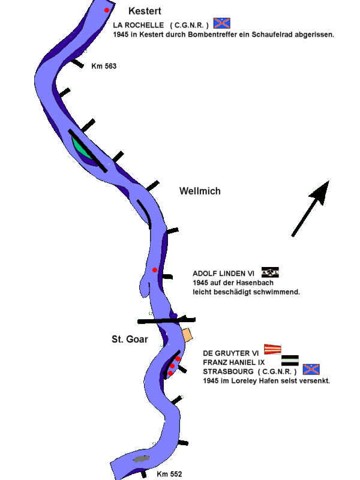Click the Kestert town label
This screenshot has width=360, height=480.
pyautogui.click(x=145, y=11)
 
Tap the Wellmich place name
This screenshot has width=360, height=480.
pyautogui.click(x=200, y=191)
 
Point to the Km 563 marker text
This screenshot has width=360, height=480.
pyautogui.click(x=104, y=66)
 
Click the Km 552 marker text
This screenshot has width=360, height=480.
pyautogui.click(x=169, y=474)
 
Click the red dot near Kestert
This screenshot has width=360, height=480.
pyautogui.click(x=107, y=10)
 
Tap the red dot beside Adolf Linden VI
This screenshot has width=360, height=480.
pyautogui.click(x=155, y=270)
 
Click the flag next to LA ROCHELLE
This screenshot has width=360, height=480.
pyautogui.click(x=222, y=23)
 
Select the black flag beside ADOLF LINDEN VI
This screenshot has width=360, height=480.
pyautogui.click(x=270, y=272)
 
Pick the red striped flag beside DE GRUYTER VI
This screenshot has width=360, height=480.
pyautogui.click(x=273, y=349)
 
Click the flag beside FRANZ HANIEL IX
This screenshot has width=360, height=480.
pyautogui.click(x=290, y=360)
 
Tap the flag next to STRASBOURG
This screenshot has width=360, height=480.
pyautogui.click(x=311, y=370)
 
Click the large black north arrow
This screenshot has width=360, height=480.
pyautogui.click(x=312, y=207)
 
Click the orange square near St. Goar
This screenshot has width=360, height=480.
pyautogui.click(x=186, y=334)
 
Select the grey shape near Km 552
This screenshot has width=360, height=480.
pyautogui.click(x=141, y=459)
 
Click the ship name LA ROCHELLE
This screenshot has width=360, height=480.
pyautogui.click(x=138, y=25)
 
